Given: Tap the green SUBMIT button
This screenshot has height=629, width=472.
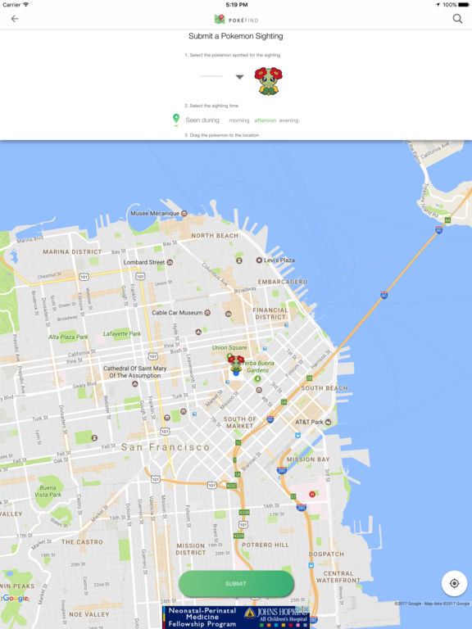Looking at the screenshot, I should click(x=236, y=584).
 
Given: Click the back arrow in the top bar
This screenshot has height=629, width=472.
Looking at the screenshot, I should click(x=14, y=19).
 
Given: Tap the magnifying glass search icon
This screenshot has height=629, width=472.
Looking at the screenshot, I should click(x=457, y=19).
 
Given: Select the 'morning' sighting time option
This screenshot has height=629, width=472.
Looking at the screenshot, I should click(x=238, y=120).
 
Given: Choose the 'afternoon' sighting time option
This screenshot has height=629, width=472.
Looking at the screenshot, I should click(x=265, y=120).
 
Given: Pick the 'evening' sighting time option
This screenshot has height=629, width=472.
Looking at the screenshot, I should click(x=289, y=120).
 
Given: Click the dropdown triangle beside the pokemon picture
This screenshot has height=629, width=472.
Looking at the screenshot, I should click(x=239, y=77).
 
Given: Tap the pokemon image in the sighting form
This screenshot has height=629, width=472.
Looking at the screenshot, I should click(x=267, y=79).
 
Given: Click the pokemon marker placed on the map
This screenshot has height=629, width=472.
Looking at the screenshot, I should click(x=236, y=364).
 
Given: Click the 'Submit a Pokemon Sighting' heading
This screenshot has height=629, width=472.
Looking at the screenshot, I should click(x=236, y=37).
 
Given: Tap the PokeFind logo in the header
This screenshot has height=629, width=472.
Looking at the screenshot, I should click(x=236, y=19).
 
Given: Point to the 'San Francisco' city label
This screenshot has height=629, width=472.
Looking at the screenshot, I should click(x=166, y=447).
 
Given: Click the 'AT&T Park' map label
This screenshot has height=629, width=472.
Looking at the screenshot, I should click(x=310, y=423).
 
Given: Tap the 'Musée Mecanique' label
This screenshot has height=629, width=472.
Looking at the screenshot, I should click(x=154, y=214).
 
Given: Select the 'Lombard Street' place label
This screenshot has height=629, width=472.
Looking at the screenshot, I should click(x=143, y=262).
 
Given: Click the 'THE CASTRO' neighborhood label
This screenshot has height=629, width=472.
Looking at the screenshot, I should click(x=82, y=541).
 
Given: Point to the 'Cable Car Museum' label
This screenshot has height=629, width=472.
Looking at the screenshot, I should click(x=177, y=313).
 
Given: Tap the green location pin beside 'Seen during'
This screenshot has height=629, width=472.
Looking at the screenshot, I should click(x=175, y=120).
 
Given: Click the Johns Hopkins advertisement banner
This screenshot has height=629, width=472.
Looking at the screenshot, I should click(x=236, y=617).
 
